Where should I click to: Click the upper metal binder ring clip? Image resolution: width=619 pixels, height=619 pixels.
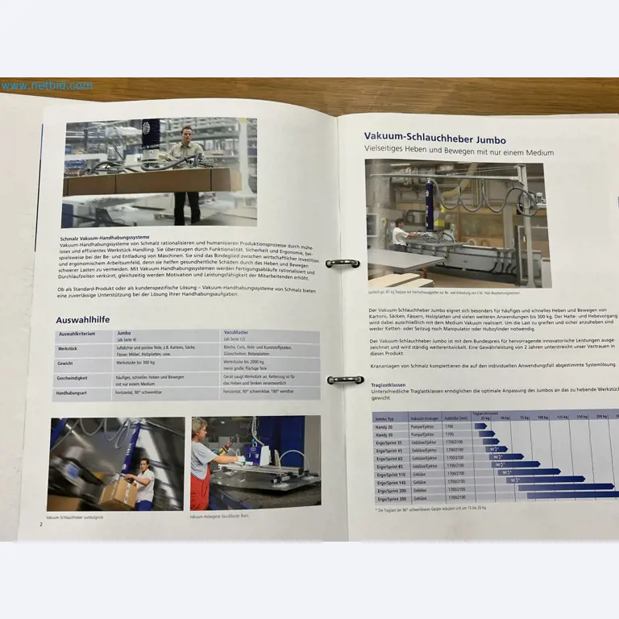pyautogui.click(x=342, y=264)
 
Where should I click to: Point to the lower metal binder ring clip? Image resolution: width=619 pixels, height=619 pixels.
pyautogui.click(x=345, y=380)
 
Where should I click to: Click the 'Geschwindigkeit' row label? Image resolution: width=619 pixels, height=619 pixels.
pyautogui.click(x=74, y=378)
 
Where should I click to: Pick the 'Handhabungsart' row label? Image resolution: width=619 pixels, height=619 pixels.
pyautogui.click(x=74, y=393)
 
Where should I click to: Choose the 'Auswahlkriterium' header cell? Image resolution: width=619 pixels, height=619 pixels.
pyautogui.click(x=79, y=333)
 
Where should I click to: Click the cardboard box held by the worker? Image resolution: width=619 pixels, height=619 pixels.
pyautogui.click(x=117, y=492)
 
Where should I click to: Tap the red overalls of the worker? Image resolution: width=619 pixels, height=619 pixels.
pyautogui.click(x=201, y=488)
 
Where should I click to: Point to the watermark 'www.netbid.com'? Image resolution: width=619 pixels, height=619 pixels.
pyautogui.click(x=47, y=85)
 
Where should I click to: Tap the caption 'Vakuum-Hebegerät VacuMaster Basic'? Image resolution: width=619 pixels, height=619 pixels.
pyautogui.click(x=230, y=517)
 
